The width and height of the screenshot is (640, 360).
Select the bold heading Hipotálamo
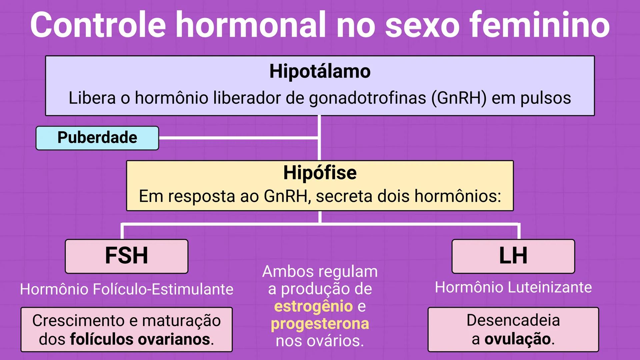coord(320,71)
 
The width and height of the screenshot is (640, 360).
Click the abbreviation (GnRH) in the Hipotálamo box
coord(459,98)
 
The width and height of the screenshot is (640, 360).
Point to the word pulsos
coord(546,98)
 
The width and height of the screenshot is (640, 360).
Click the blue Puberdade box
coord(97,138)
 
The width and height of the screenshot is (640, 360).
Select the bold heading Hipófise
coord(320,173)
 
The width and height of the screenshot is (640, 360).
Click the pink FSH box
coord(127,256)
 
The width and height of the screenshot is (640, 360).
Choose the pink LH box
coord(513,256)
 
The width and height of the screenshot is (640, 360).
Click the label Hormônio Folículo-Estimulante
coord(127,289)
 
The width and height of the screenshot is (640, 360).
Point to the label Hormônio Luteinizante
coord(513,287)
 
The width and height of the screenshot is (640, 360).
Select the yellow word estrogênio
coord(313,306)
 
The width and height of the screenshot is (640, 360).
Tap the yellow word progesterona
coord(320,324)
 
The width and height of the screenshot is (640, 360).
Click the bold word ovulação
coord(517,339)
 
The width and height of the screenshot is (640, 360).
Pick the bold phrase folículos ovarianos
coord(140,339)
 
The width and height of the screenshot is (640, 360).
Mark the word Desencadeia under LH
coord(513,320)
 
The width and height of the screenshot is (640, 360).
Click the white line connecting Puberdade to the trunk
coord(238,138)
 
